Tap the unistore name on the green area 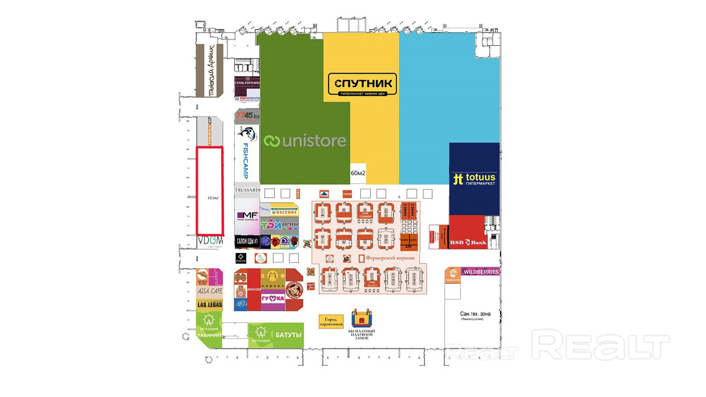[x=305, y=140]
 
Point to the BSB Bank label [x=468, y=242]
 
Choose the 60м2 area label [x=358, y=173]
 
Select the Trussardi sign [x=247, y=190]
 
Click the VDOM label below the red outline [x=210, y=240]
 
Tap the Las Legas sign [x=209, y=305]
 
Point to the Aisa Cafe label [x=209, y=291]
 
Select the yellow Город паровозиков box [x=331, y=321]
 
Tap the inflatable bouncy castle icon [x=361, y=319]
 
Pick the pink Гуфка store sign [x=272, y=298]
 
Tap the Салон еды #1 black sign [x=247, y=241]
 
